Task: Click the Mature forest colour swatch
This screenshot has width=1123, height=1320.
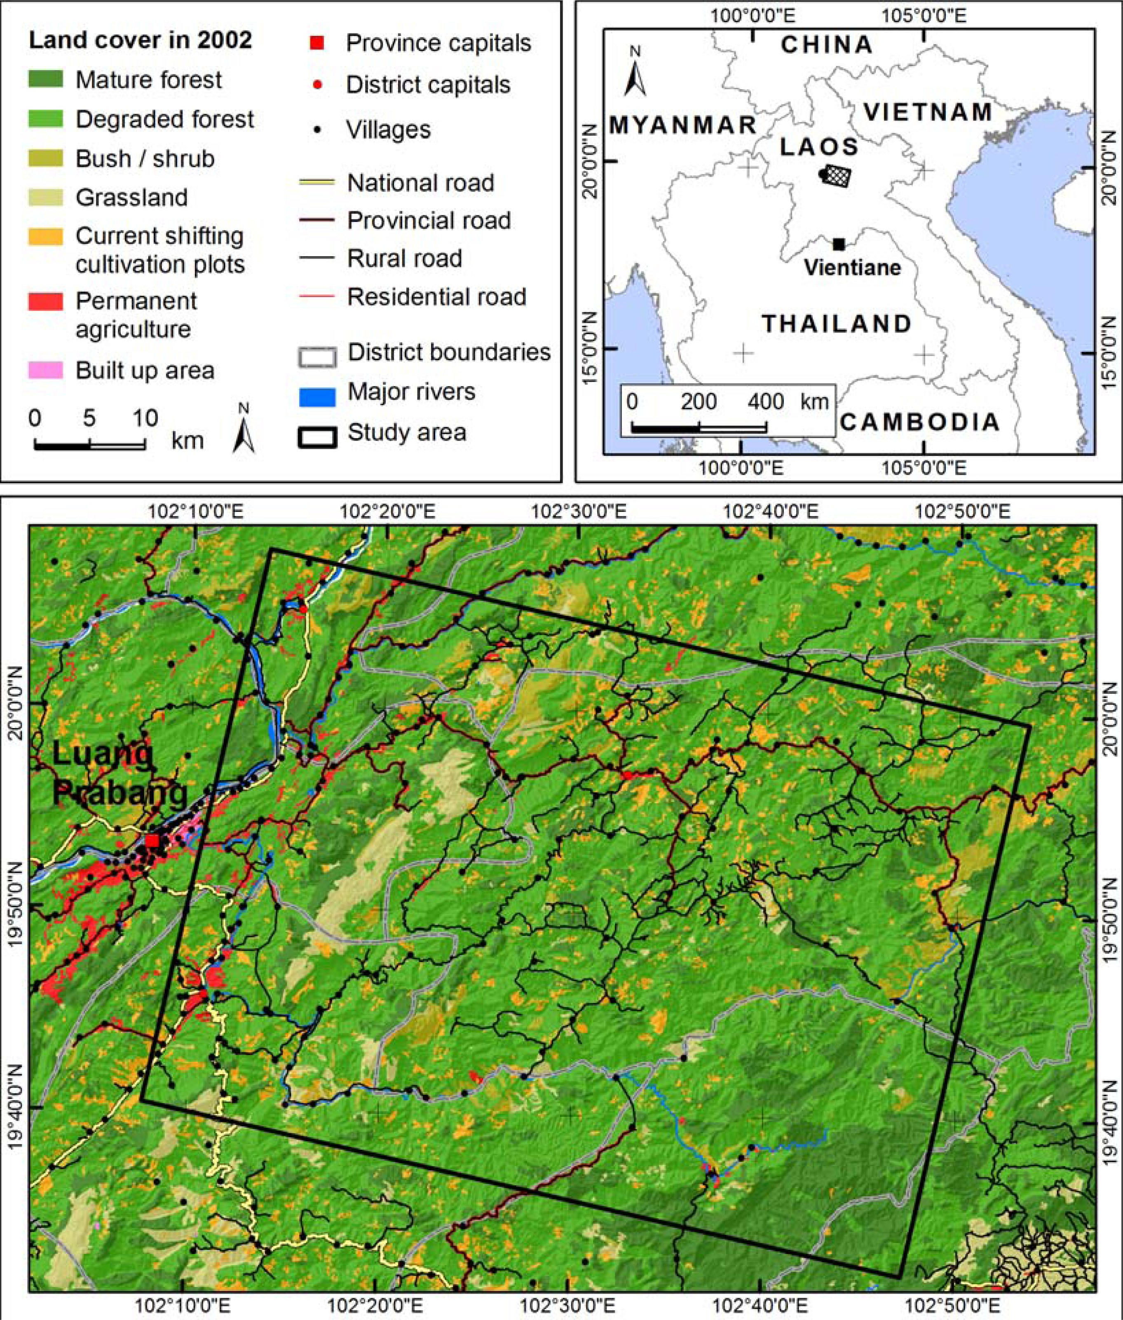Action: [45, 79]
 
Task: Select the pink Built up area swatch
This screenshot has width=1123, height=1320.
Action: [45, 370]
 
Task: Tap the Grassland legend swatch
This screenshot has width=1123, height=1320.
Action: [45, 197]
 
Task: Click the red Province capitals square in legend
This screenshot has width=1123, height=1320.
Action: [317, 42]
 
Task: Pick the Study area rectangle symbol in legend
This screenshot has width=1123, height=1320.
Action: [317, 437]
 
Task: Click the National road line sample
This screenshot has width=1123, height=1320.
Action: [317, 182]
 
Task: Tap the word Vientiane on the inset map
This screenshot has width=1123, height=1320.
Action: [852, 267]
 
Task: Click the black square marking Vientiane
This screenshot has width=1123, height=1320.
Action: [838, 244]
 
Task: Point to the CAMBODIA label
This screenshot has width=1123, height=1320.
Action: [919, 422]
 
